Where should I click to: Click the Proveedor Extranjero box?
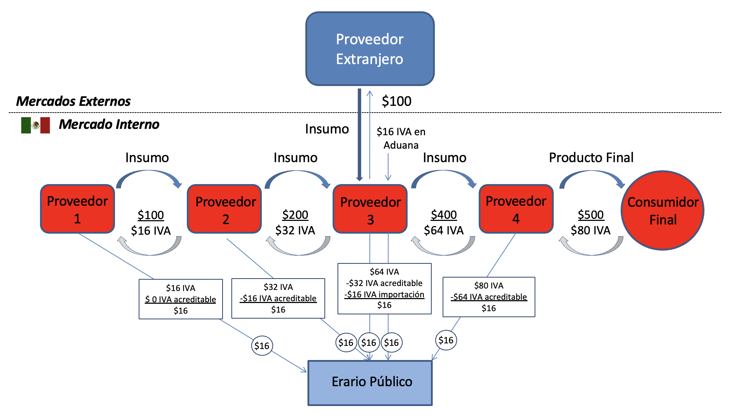point(370,49)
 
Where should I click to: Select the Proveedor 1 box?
point(77,209)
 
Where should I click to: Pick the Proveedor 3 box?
point(370,209)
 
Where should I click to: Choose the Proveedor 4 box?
point(516,209)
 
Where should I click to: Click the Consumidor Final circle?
point(662,211)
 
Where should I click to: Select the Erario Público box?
point(370,383)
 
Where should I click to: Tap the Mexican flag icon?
point(35,125)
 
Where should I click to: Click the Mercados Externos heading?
point(73,101)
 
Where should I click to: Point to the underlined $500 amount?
point(591,215)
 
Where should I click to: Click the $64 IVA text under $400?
point(444,230)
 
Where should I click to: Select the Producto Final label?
point(591,158)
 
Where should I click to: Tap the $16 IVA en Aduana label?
point(401,138)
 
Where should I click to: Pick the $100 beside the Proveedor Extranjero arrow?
point(396,101)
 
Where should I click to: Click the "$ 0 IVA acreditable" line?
point(180,299)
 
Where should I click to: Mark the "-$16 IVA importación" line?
point(384,295)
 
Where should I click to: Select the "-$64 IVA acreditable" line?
point(489,297)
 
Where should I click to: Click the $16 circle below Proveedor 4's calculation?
point(446,340)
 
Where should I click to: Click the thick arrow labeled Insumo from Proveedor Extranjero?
point(359,135)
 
